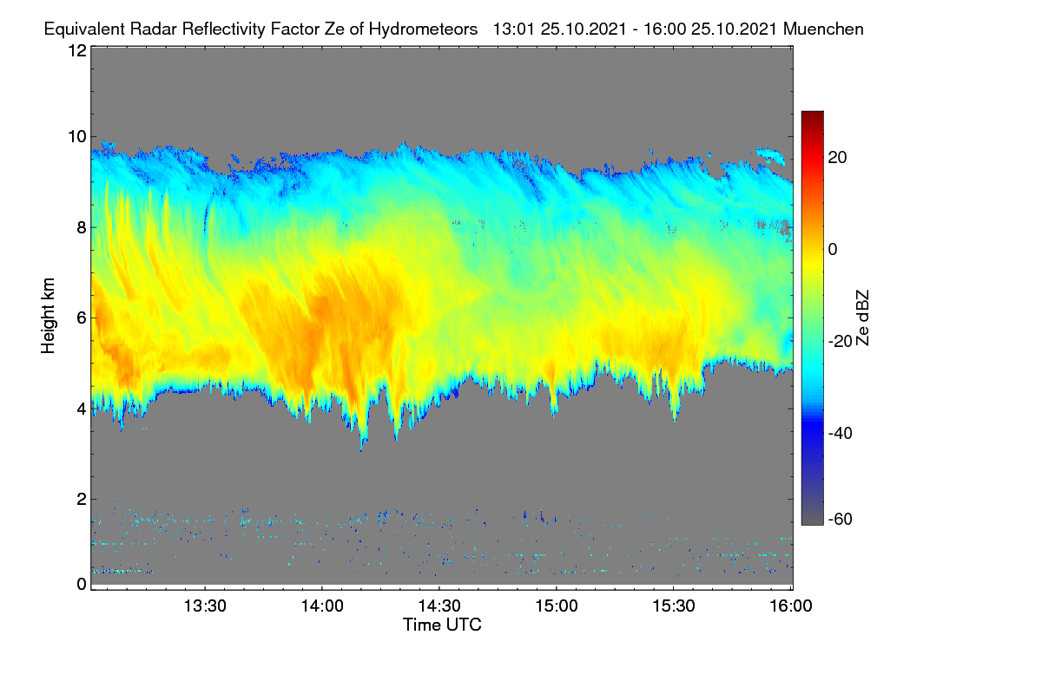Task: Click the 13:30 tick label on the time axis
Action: pyautogui.click(x=205, y=606)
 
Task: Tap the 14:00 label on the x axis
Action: pyautogui.click(x=322, y=606)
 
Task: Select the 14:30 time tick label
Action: pyautogui.click(x=439, y=606)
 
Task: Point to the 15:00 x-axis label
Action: pyautogui.click(x=557, y=606)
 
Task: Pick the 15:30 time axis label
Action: pyautogui.click(x=674, y=606)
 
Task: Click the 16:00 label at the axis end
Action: pyautogui.click(x=791, y=606)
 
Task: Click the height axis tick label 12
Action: pyautogui.click(x=77, y=50)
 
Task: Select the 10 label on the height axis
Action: pyautogui.click(x=77, y=137)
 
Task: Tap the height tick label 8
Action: pyautogui.click(x=82, y=227)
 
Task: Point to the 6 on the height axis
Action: pyautogui.click(x=82, y=318)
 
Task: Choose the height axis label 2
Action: pyautogui.click(x=82, y=499)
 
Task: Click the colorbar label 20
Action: pyautogui.click(x=837, y=158)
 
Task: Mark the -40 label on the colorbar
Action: pyautogui.click(x=841, y=433)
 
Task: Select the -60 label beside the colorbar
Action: pyautogui.click(x=841, y=520)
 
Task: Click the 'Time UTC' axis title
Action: pyautogui.click(x=442, y=625)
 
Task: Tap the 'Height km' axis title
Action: pyautogui.click(x=48, y=316)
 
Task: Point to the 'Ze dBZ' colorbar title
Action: pyautogui.click(x=862, y=318)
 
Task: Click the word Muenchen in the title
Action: pyautogui.click(x=823, y=29)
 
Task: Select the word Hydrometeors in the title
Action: pyautogui.click(x=424, y=29)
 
